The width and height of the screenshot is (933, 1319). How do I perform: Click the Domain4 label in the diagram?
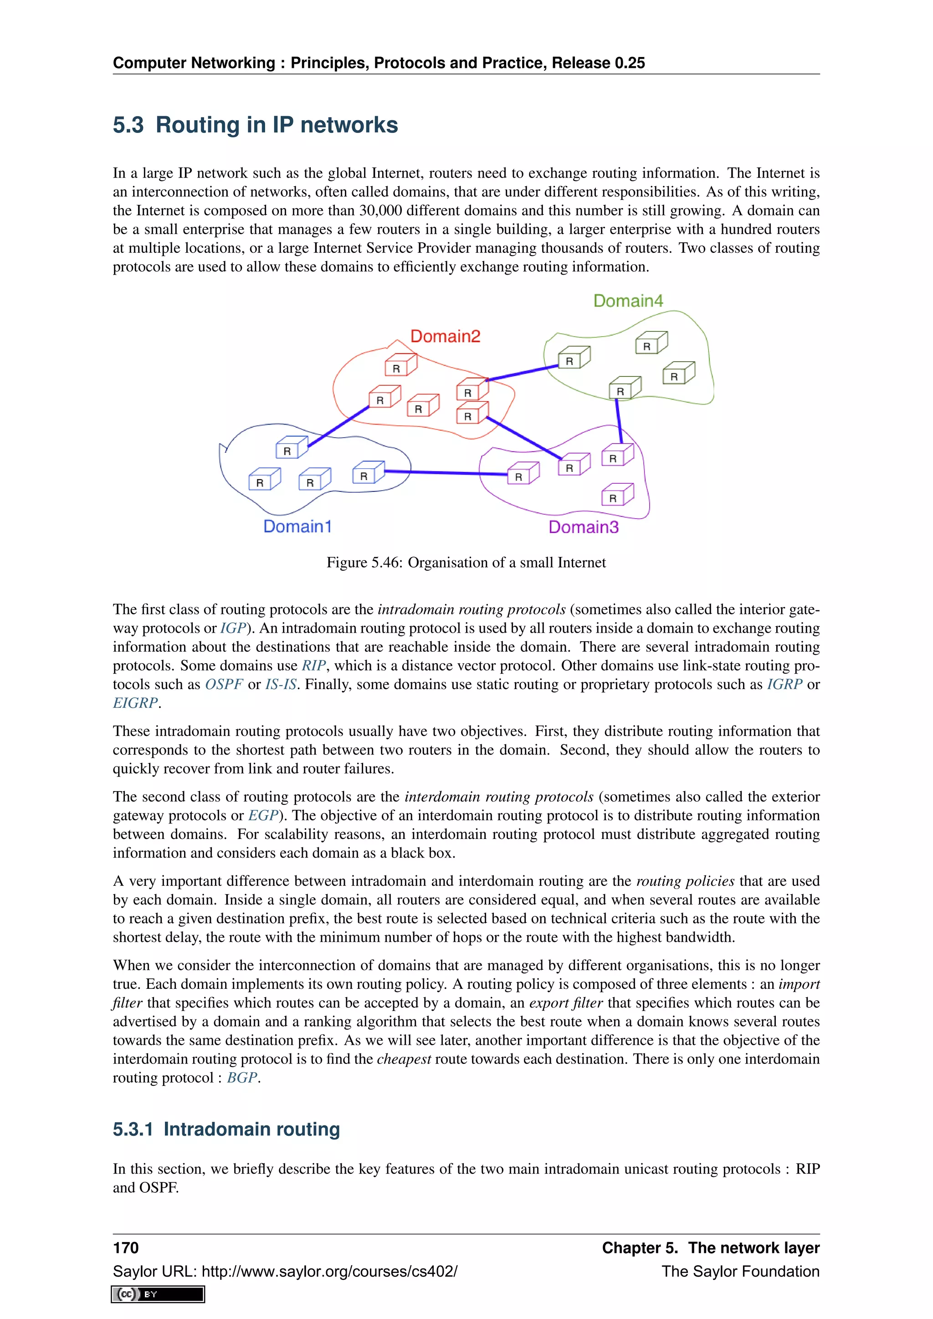(628, 301)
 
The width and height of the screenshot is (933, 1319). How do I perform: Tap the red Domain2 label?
(445, 336)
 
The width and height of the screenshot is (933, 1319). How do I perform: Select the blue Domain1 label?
(297, 526)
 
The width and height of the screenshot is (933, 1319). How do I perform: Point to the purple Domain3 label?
(583, 527)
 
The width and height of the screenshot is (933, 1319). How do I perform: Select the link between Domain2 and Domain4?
(522, 373)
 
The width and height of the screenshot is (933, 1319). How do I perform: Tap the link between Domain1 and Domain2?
(338, 426)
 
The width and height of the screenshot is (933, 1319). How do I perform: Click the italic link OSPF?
(224, 684)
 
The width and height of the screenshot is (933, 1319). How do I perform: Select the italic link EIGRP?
(135, 703)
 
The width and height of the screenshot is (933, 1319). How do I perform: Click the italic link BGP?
(242, 1078)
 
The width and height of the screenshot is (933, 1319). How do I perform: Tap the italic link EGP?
(262, 816)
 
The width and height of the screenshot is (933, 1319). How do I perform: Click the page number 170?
(126, 1248)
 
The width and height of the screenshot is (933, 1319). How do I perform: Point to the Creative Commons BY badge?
(158, 1294)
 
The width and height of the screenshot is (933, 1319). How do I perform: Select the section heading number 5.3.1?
(133, 1129)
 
